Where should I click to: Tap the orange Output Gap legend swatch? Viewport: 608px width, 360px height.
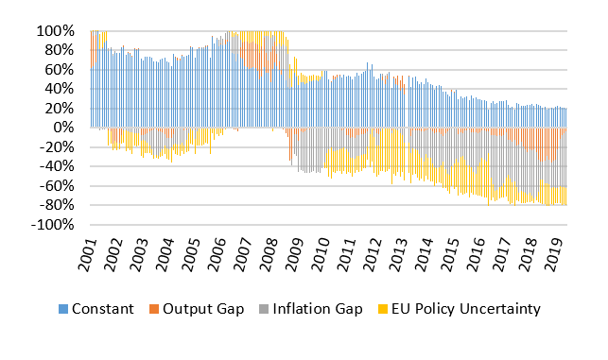pyautogui.click(x=155, y=307)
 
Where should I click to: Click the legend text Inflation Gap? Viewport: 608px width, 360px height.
pyautogui.click(x=302, y=307)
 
